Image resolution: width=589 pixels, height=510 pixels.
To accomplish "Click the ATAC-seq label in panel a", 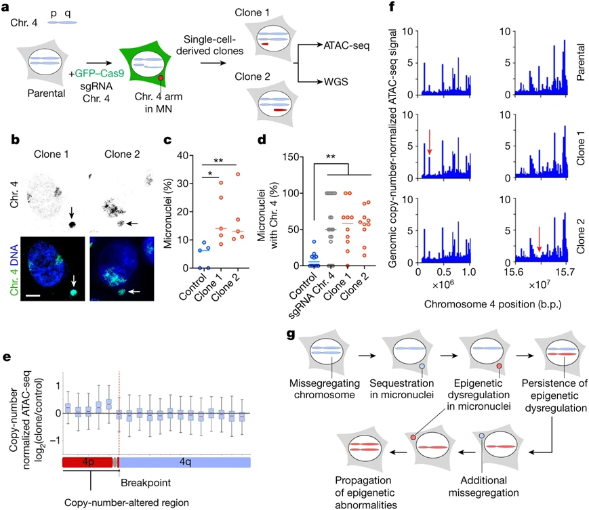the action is click(346, 46).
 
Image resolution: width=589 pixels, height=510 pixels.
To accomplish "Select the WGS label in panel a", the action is click(336, 81).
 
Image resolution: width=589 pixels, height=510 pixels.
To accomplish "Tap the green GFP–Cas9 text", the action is click(100, 73).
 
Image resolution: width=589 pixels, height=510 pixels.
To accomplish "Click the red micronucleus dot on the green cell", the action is click(161, 78).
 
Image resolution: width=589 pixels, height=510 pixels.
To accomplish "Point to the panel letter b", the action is click(15, 140).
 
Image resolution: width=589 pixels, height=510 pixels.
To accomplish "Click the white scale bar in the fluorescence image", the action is click(33, 296).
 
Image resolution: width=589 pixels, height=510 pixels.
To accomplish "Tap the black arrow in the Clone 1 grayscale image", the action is click(71, 213).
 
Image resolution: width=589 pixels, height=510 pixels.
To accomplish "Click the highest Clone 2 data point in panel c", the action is click(238, 174).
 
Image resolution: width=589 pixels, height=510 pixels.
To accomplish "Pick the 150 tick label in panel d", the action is click(291, 157).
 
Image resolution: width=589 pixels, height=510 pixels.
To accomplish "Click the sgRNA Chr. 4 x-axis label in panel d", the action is click(312, 295).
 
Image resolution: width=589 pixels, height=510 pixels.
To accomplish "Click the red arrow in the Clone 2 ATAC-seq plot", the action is click(539, 239).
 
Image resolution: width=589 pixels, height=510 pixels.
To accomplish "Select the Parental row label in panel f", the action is click(580, 62).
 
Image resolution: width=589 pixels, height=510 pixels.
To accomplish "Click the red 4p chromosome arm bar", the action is click(87, 462).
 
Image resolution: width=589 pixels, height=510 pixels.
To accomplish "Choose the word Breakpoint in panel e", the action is click(146, 483).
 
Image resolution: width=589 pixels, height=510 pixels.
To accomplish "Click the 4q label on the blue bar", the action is click(185, 462).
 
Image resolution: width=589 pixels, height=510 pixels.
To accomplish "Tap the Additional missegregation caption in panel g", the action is click(484, 486).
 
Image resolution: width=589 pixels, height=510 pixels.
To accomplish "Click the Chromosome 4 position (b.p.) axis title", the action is click(493, 304).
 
